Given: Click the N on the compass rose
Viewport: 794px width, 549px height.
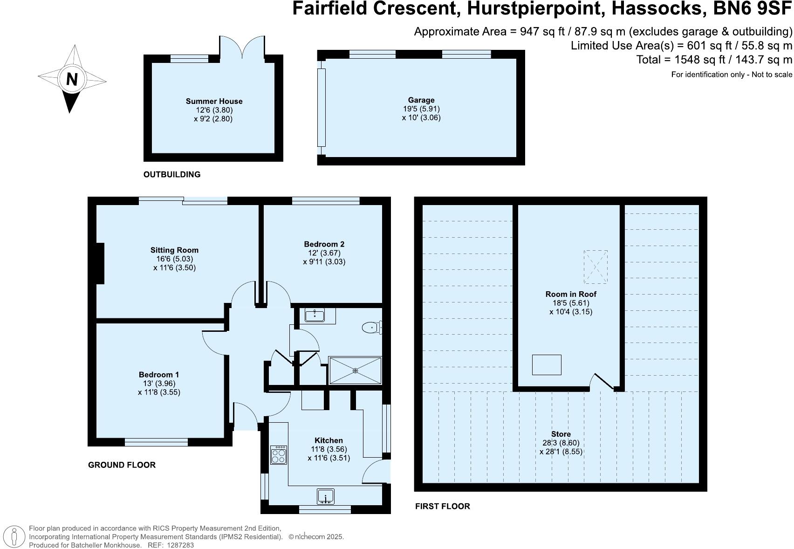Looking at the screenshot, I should (x=72, y=80).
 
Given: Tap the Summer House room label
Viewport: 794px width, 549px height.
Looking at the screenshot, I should (x=214, y=101).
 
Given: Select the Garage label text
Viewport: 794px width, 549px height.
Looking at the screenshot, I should (x=421, y=100).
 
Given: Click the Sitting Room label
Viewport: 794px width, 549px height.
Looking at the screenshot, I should (x=174, y=250).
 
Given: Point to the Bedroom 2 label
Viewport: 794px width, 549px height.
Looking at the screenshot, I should (x=324, y=244).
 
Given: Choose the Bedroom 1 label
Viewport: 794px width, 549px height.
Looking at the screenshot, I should (x=158, y=374).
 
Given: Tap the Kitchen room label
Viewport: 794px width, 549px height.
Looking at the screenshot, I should (x=329, y=440).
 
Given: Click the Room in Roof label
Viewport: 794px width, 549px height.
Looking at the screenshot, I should (x=571, y=294).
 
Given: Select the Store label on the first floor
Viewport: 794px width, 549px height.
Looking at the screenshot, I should (x=561, y=433).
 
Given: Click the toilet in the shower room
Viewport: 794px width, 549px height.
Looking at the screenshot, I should (x=371, y=328).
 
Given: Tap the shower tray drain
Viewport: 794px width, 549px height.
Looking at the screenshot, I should (x=355, y=371).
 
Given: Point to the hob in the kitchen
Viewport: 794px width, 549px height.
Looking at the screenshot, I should (x=279, y=455).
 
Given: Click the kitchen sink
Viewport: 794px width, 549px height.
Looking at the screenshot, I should (x=326, y=497).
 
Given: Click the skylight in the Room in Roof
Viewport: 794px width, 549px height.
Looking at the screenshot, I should (x=595, y=267).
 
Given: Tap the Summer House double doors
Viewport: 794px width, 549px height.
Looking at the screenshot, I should (x=242, y=47).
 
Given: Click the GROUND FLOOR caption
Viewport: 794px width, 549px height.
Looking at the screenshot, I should (x=122, y=465).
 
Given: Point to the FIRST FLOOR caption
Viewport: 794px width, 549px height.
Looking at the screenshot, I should (x=442, y=506).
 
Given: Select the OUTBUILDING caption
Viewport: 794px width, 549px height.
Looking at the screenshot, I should (x=171, y=174).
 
